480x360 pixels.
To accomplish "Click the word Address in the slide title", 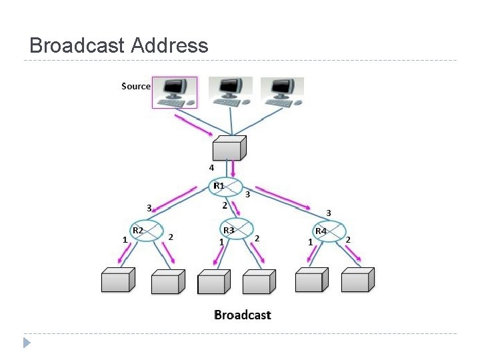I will click(170, 45).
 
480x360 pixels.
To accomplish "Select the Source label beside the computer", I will click(136, 86).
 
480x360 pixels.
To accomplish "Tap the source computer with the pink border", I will click(175, 92).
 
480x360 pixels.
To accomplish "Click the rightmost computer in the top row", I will click(282, 91).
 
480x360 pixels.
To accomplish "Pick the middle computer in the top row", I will click(230, 91).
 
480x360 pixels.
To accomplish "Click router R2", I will click(147, 230).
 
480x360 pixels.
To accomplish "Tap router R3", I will click(237, 230).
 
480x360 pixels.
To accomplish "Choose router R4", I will click(330, 231).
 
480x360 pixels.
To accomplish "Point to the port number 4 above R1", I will click(211, 167).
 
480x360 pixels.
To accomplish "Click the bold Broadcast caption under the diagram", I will click(242, 315).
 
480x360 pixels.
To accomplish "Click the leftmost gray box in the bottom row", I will click(117, 281).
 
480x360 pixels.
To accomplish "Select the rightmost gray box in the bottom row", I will click(356, 280).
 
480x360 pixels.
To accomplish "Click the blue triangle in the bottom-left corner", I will click(26, 343).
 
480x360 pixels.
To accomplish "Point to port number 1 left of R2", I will click(125, 239).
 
